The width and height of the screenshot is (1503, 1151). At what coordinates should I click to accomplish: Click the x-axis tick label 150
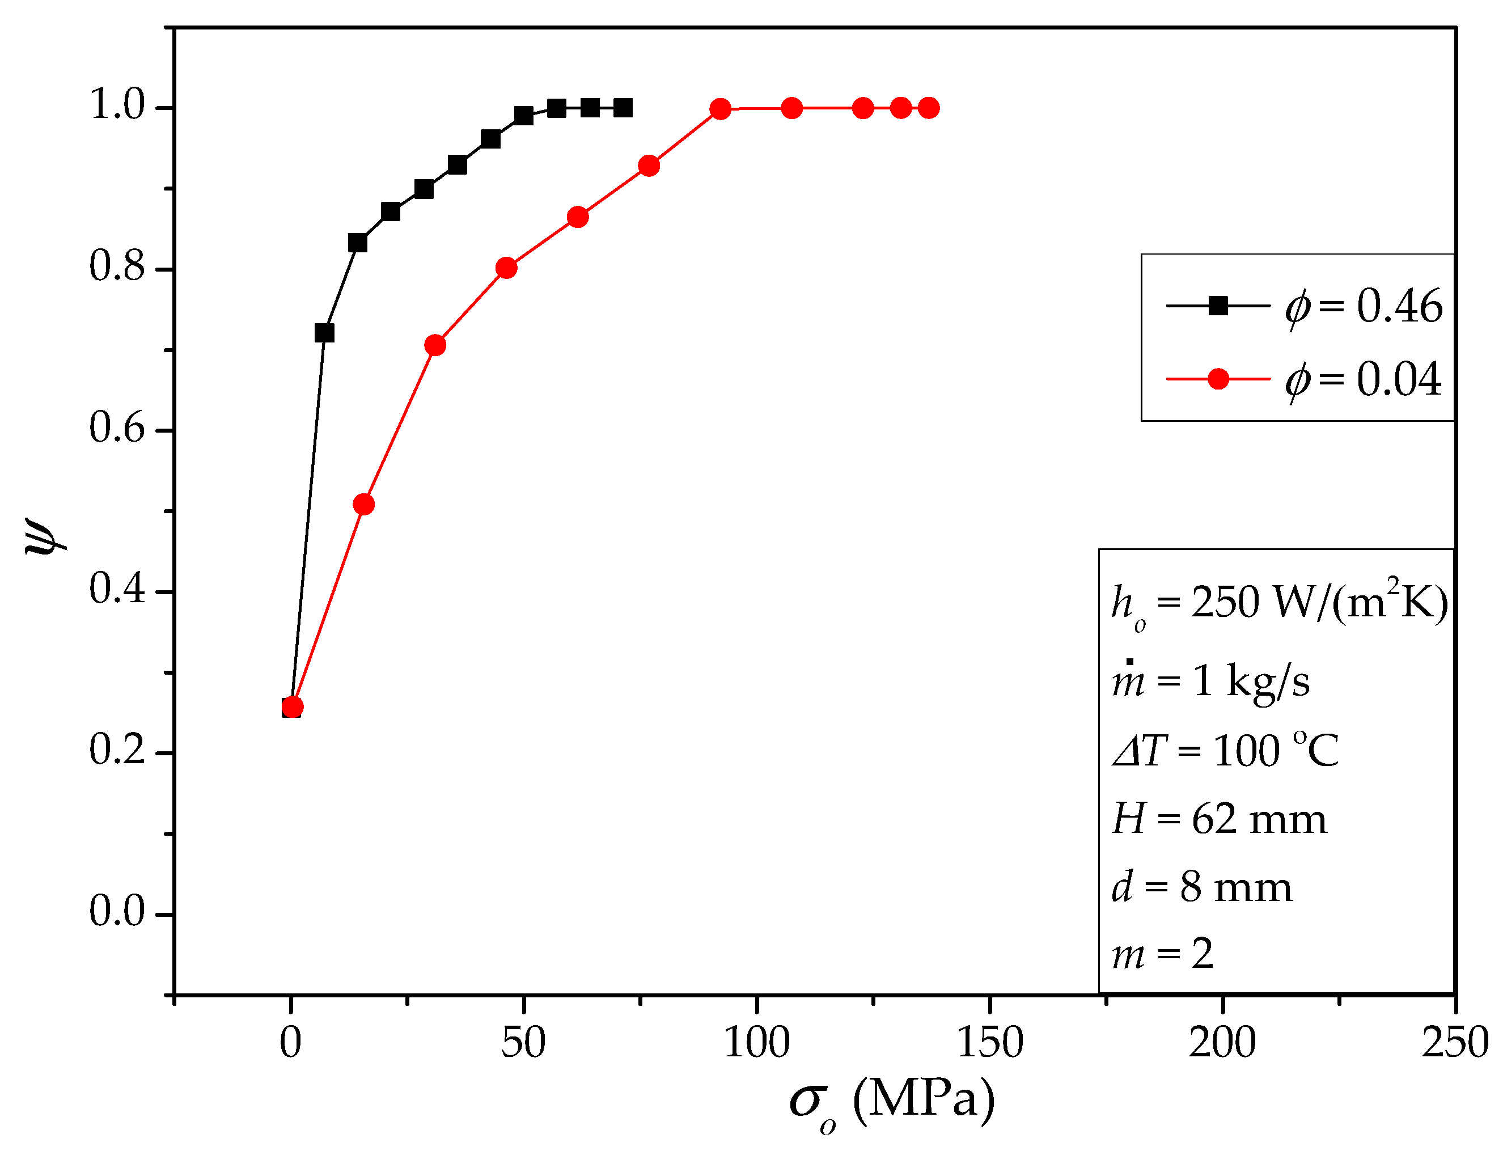tap(989, 1043)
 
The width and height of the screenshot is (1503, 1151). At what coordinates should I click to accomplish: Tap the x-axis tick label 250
tap(1454, 1043)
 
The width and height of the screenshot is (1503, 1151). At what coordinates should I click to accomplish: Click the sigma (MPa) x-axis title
tap(891, 1101)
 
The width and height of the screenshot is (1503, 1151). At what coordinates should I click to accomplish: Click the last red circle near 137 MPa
tap(928, 108)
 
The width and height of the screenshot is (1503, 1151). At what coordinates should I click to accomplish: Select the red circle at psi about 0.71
tap(435, 345)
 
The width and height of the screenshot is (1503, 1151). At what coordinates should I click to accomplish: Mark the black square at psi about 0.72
tap(324, 333)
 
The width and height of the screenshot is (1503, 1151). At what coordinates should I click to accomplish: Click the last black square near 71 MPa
tap(623, 108)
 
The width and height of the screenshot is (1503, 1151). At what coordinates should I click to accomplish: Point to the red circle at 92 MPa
tap(720, 108)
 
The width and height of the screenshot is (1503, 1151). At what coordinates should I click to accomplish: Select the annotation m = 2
tap(1162, 954)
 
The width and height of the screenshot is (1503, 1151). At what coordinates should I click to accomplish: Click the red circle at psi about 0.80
tap(506, 267)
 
